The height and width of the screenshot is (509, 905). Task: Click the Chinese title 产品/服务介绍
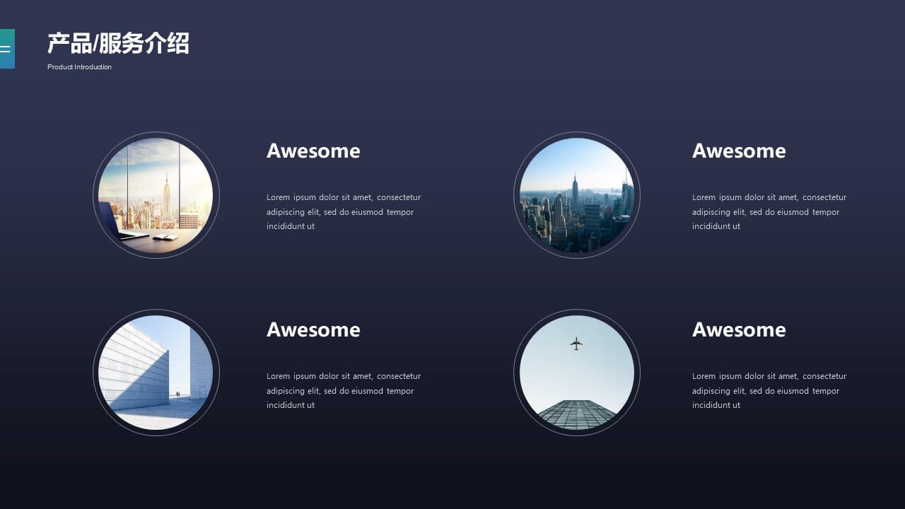tap(118, 43)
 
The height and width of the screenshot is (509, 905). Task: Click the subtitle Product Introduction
tap(79, 67)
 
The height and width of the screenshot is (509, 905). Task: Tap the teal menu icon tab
tap(7, 49)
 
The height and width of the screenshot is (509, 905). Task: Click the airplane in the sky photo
tap(576, 344)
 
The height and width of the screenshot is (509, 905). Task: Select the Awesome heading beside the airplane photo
tap(739, 329)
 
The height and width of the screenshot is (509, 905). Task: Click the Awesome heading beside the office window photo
tap(313, 151)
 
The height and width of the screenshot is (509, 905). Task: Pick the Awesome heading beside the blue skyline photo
tap(739, 151)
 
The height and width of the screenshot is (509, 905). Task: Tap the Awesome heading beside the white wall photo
tap(313, 329)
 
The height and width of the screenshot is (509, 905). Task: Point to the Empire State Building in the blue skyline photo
tap(575, 191)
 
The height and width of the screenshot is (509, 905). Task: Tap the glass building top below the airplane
tap(577, 414)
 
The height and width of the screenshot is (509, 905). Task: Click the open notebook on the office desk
tap(165, 238)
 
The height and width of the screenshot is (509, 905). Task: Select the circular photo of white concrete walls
tap(156, 373)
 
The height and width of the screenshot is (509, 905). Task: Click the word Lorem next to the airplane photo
tap(703, 376)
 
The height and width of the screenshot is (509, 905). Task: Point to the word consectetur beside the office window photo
tap(399, 197)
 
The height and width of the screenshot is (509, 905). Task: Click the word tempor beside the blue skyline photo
tap(826, 213)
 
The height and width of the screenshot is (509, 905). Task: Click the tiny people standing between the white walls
tap(177, 394)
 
